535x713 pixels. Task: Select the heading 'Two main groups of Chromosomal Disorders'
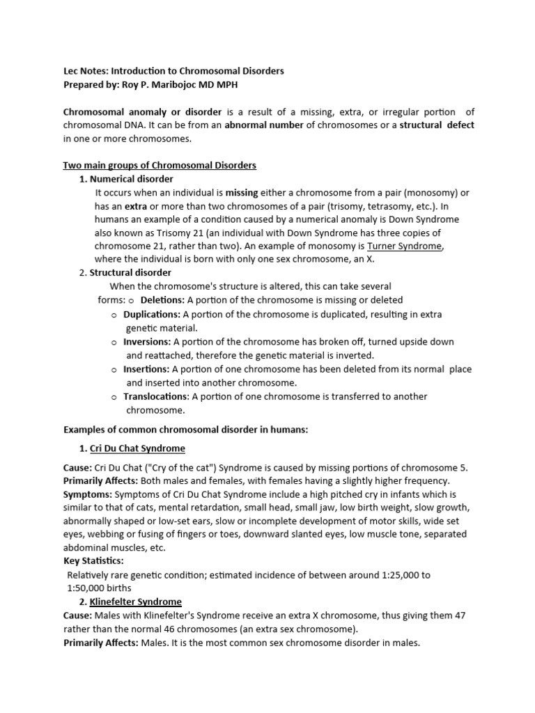coord(160,165)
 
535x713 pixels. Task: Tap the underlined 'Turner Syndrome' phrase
coord(405,246)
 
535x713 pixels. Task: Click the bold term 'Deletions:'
coord(162,300)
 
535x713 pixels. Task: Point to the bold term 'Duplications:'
coord(151,314)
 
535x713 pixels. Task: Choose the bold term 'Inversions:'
coord(147,341)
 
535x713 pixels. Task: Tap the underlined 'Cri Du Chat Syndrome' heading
coord(137,448)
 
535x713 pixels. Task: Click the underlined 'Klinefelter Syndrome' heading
coord(135,602)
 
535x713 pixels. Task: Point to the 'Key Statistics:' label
coord(93,560)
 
